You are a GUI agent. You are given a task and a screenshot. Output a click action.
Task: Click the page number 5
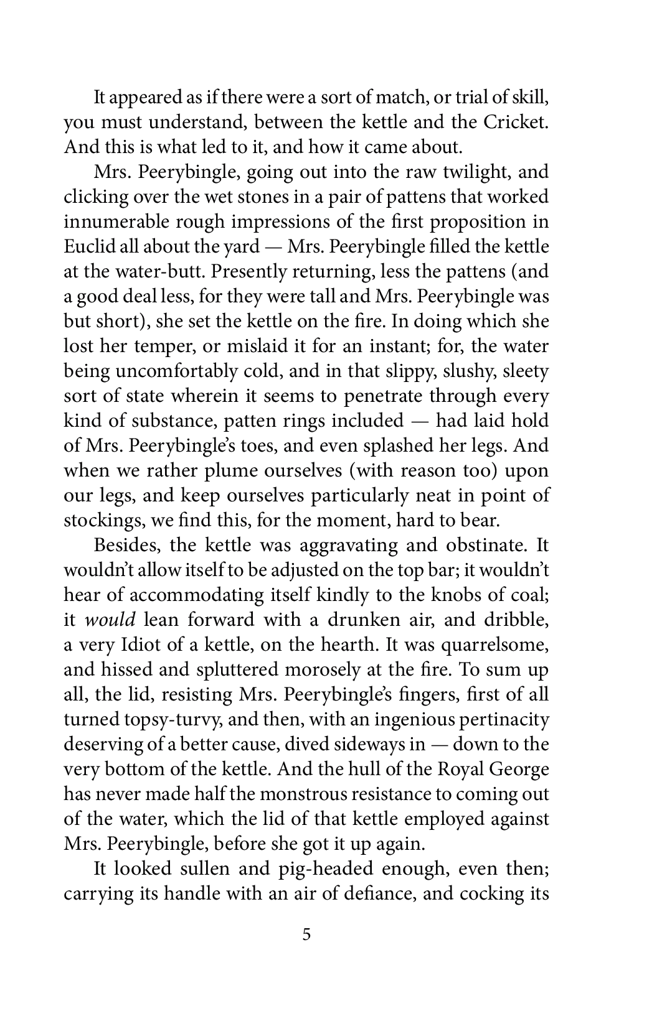point(306,934)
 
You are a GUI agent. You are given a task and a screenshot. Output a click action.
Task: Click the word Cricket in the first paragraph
point(516,122)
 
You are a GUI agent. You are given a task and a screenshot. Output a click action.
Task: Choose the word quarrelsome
point(494,645)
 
